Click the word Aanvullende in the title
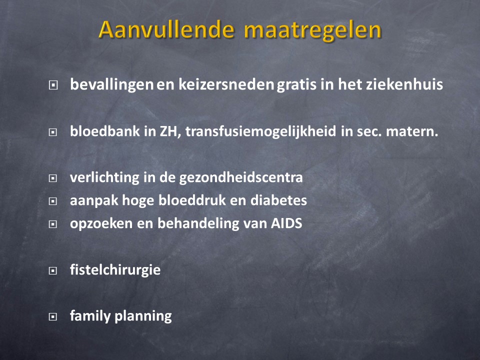click(166, 29)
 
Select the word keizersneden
click(226, 84)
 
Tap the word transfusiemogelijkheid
click(261, 131)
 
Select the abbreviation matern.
click(412, 131)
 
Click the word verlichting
click(104, 177)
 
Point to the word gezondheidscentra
click(241, 177)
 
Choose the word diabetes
click(278, 200)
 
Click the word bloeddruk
click(192, 200)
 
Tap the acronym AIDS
click(286, 223)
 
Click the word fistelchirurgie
click(115, 270)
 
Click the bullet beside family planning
click(53, 316)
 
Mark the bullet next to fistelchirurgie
click(53, 270)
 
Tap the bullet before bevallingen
click(53, 85)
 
